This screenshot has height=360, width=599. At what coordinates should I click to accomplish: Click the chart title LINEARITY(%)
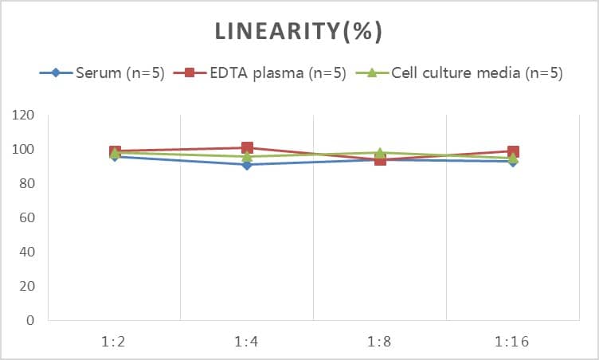point(299,31)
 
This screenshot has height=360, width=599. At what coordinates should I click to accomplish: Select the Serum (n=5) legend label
point(119,73)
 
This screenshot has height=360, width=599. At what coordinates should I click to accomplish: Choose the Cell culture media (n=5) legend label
point(477,73)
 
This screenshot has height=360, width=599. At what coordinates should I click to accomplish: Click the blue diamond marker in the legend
point(56,73)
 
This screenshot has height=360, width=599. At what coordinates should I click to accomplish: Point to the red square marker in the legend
point(190,73)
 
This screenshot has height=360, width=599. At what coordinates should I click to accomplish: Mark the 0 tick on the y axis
point(31,321)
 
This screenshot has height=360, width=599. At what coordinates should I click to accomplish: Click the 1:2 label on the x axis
point(115,343)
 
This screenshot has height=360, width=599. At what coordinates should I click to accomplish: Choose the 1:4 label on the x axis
point(247,343)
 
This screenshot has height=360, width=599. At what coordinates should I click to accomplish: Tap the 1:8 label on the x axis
point(380,343)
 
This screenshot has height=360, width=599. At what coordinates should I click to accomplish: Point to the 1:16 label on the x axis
point(512,343)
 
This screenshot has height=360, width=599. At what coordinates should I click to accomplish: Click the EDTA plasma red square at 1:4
point(247,148)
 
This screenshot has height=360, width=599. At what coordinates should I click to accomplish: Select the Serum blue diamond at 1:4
point(247,165)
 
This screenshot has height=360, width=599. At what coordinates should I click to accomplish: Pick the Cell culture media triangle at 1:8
point(380,153)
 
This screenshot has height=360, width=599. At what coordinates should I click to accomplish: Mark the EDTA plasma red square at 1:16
point(513,151)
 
